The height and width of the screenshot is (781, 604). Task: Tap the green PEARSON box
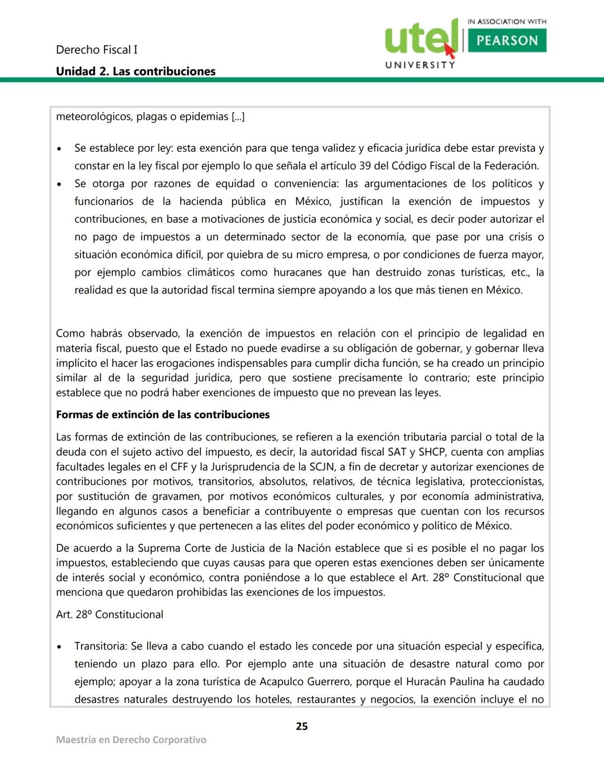(x=507, y=41)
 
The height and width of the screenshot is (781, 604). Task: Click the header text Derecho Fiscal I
(x=97, y=50)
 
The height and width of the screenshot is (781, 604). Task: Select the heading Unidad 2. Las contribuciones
(x=135, y=72)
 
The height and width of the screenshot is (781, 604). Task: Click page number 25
(x=301, y=726)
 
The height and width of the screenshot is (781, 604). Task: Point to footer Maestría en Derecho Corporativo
(x=131, y=740)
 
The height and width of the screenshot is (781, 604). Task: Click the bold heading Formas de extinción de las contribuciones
(x=163, y=415)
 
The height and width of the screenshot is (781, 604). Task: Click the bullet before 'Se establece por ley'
(x=59, y=149)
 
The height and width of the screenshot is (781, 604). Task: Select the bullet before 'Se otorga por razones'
(x=59, y=184)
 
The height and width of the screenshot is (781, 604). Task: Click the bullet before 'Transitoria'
(x=59, y=647)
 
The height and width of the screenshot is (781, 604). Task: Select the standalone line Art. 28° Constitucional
(x=110, y=614)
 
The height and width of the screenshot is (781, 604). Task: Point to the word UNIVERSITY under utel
(x=420, y=65)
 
